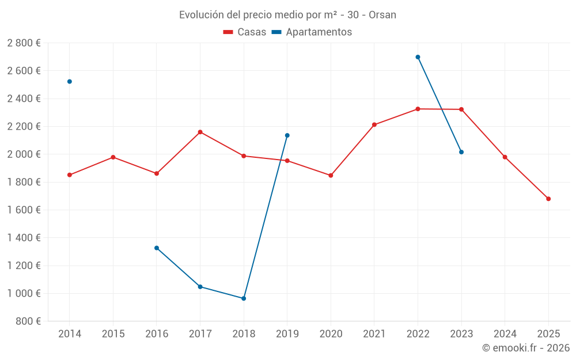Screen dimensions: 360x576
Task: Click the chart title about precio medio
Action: coord(287,14)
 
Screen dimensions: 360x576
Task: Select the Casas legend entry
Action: coord(245,32)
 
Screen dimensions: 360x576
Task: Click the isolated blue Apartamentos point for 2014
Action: coord(70,82)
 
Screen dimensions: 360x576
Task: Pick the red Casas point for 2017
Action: coord(200,132)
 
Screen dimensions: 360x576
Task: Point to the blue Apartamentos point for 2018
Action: coord(244,298)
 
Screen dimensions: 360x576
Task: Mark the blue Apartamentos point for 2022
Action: coord(418,57)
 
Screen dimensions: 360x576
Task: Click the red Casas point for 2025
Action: coord(548,199)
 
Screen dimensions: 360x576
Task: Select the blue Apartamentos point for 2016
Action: coord(157,248)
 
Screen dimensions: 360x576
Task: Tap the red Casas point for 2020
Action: coord(331,175)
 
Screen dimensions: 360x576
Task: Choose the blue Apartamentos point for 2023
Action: coord(461,152)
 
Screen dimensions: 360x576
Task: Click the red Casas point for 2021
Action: coord(374,124)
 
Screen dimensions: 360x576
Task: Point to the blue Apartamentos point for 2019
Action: coord(287,135)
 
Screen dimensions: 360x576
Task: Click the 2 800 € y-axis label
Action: coord(24,43)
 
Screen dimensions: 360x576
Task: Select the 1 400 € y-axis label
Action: coord(24,238)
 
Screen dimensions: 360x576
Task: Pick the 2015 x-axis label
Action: coord(113,334)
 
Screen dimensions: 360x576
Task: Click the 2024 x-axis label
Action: coord(505,334)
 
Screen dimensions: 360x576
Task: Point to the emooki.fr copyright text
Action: coord(526,348)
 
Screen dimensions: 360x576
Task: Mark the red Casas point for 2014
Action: coord(70,175)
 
